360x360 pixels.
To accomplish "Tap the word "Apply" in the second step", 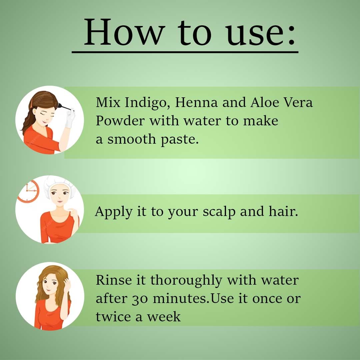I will pyautogui.click(x=114, y=212).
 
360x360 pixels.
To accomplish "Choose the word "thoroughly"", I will pyautogui.click(x=186, y=281).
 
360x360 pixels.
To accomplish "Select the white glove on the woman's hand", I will pyautogui.click(x=70, y=118).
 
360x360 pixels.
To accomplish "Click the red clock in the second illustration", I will pyautogui.click(x=28, y=191).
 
